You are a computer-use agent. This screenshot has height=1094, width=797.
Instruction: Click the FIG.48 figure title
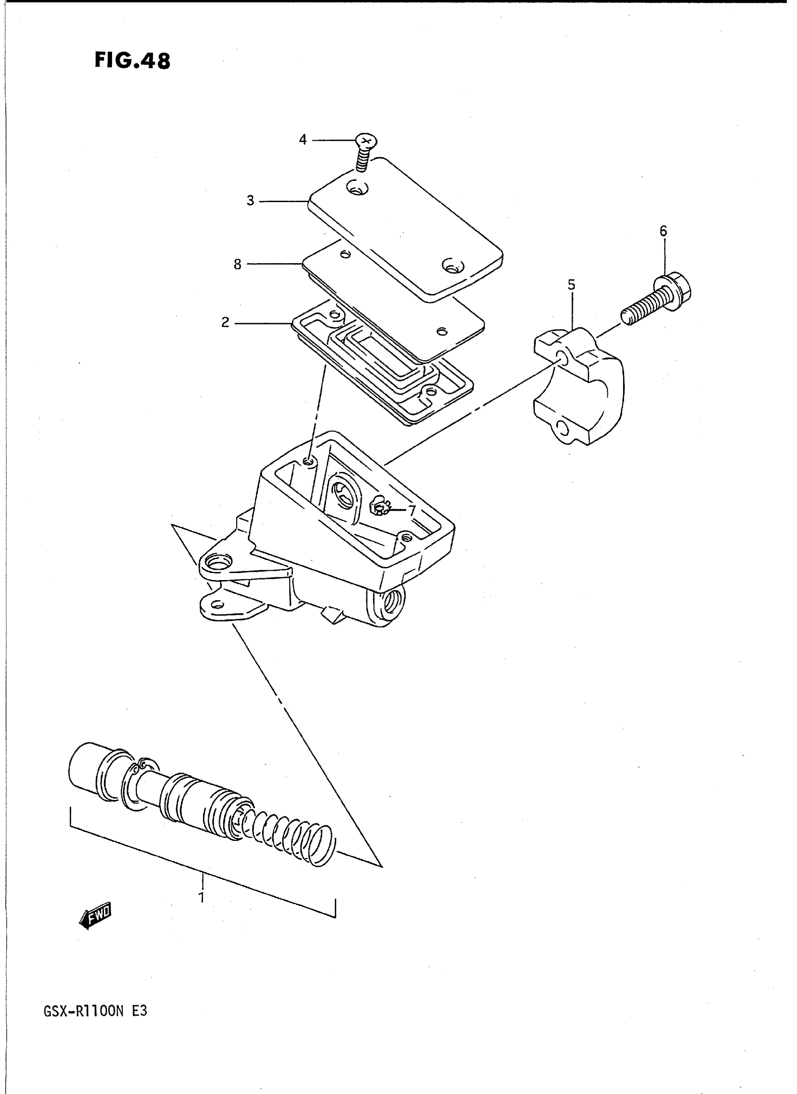(132, 61)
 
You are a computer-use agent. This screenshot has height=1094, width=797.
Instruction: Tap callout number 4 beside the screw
(302, 140)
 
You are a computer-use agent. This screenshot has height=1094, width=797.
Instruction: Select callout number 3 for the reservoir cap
(250, 201)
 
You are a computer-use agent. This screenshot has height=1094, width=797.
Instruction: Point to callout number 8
(237, 264)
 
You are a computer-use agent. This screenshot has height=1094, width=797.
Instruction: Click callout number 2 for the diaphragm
(226, 322)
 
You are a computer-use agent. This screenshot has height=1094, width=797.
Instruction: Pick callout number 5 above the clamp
(571, 285)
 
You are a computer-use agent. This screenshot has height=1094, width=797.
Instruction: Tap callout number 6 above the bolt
(663, 232)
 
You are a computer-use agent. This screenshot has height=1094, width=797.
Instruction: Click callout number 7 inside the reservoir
(412, 510)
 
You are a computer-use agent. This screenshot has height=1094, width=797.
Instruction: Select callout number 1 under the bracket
(202, 898)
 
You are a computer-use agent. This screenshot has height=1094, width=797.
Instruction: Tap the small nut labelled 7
(380, 507)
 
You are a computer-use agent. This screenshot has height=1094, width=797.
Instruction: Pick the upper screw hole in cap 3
(358, 189)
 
